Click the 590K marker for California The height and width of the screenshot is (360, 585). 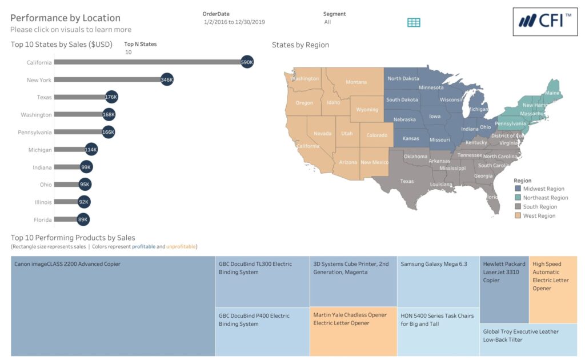[x=247, y=62]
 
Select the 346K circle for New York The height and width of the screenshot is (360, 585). [x=167, y=80]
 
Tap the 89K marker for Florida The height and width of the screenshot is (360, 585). [x=83, y=219]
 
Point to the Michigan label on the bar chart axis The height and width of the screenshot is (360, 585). [x=40, y=150]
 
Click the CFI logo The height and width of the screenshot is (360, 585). [x=545, y=22]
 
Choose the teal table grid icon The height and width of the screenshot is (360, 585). [x=414, y=22]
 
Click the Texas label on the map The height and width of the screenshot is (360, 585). [x=407, y=182]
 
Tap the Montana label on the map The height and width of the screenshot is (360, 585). [x=356, y=82]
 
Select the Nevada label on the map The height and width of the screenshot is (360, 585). [x=323, y=134]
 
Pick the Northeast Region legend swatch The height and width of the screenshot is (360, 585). [x=518, y=198]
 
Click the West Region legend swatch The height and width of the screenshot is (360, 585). [x=518, y=216]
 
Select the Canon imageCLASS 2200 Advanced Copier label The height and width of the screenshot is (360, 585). [x=67, y=264]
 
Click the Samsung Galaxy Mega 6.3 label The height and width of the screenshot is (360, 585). [x=434, y=264]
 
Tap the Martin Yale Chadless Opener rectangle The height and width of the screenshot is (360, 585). [x=353, y=331]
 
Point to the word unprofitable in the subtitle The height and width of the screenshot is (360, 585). [x=181, y=247]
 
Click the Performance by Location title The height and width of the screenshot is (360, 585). [x=65, y=18]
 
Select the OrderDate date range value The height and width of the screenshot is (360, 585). [x=234, y=22]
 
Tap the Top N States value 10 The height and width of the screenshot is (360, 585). [x=128, y=52]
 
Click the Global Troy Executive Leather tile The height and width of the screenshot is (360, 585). [x=528, y=340]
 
